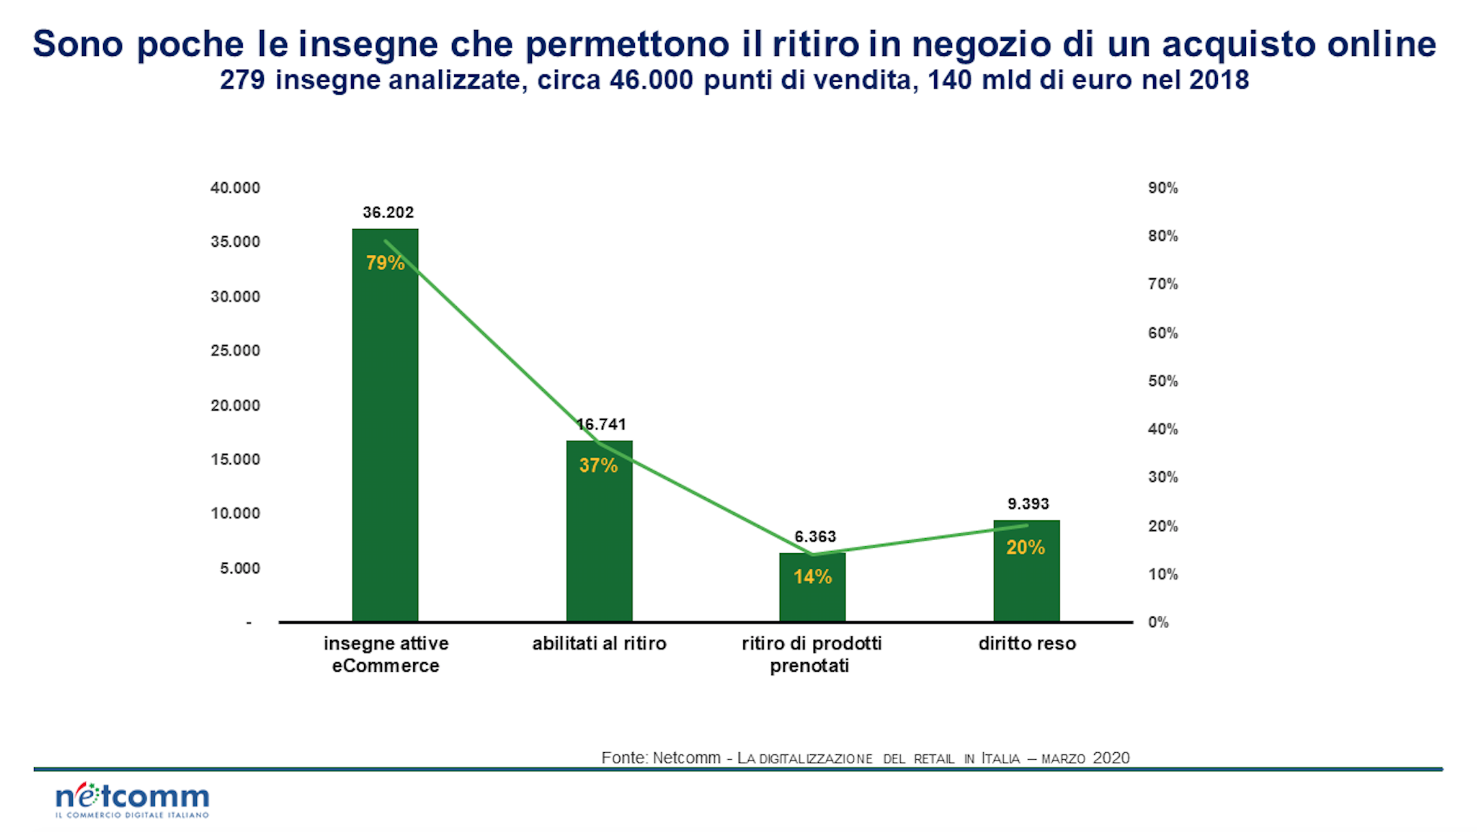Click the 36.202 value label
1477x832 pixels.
(388, 212)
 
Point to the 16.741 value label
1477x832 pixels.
(601, 424)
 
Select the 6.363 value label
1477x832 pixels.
(815, 537)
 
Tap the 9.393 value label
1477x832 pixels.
(1028, 504)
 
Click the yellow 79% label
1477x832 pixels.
(385, 263)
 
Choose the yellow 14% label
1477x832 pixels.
(812, 577)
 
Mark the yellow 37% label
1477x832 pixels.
(599, 466)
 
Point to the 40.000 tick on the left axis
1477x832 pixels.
(235, 188)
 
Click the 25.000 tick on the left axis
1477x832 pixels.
(235, 351)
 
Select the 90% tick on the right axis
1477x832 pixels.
(1163, 188)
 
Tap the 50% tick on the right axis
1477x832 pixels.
(1163, 381)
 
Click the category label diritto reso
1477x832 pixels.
(1027, 643)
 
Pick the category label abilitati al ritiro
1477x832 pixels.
(599, 643)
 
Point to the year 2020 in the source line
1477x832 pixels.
(1111, 758)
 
